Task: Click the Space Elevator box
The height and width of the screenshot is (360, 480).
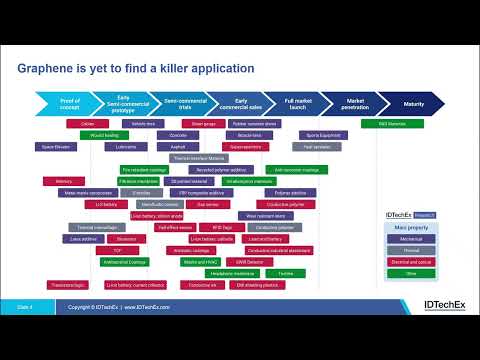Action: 56,146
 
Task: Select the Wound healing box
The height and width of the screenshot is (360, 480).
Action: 104,134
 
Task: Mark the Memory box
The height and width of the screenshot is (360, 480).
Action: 50,181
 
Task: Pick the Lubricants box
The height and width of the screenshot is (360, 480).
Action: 127,146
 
